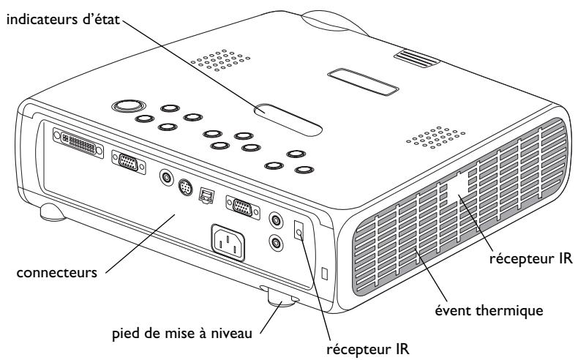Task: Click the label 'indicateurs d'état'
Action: tap(60, 14)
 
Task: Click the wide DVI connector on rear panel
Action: tap(76, 143)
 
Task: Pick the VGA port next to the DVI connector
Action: tap(127, 163)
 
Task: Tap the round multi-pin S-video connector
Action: tap(186, 187)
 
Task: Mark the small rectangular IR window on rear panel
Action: tap(299, 230)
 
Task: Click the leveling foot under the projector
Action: tap(281, 299)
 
